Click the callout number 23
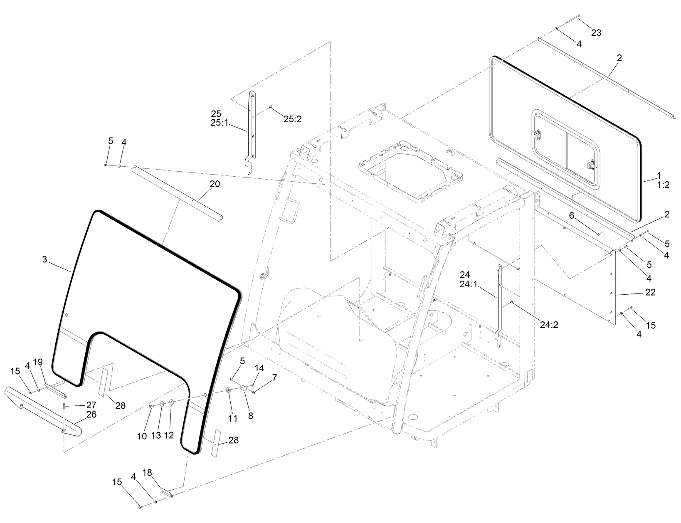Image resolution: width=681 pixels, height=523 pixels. coord(596,33)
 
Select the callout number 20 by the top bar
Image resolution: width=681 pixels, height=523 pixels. coord(215,184)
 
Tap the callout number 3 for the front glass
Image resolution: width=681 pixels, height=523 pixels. coord(44,259)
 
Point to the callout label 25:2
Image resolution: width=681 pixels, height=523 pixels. coord(292,119)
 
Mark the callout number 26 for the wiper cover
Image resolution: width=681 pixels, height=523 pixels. coord(91,414)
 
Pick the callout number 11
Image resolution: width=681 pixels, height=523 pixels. coord(233,419)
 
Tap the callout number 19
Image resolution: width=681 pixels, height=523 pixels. coord(38,362)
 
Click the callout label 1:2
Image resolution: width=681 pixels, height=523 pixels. coord(663,185)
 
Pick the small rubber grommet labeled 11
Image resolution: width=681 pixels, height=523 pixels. coord(228,391)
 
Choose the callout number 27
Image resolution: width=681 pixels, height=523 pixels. coord(91,405)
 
